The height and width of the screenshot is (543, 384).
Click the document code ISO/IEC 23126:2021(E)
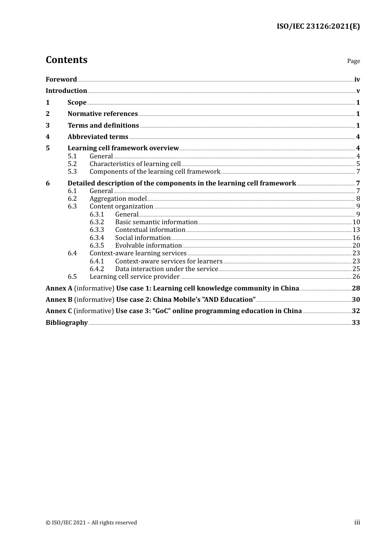[318, 27]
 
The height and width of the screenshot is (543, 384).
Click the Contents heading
[66, 60]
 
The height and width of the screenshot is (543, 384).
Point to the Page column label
[353, 61]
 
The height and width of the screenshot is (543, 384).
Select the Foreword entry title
[61, 80]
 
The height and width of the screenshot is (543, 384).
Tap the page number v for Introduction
[358, 91]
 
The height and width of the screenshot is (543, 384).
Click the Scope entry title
[77, 103]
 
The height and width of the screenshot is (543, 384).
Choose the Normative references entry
[102, 114]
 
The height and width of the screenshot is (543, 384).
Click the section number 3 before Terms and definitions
[48, 126]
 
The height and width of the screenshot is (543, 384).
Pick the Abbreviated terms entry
[97, 137]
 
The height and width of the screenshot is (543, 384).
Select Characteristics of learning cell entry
[135, 164]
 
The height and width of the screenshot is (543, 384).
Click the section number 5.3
[72, 172]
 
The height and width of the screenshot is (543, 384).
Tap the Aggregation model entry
[118, 199]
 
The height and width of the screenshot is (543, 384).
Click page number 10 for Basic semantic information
[356, 222]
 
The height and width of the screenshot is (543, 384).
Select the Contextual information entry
[150, 230]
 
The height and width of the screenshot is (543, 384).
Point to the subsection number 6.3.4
[97, 238]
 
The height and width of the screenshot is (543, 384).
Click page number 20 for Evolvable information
[356, 246]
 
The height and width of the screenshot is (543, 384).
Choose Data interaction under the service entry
[167, 269]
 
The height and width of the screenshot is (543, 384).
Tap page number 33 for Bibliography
[356, 323]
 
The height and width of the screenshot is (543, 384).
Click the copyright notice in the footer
[91, 523]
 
